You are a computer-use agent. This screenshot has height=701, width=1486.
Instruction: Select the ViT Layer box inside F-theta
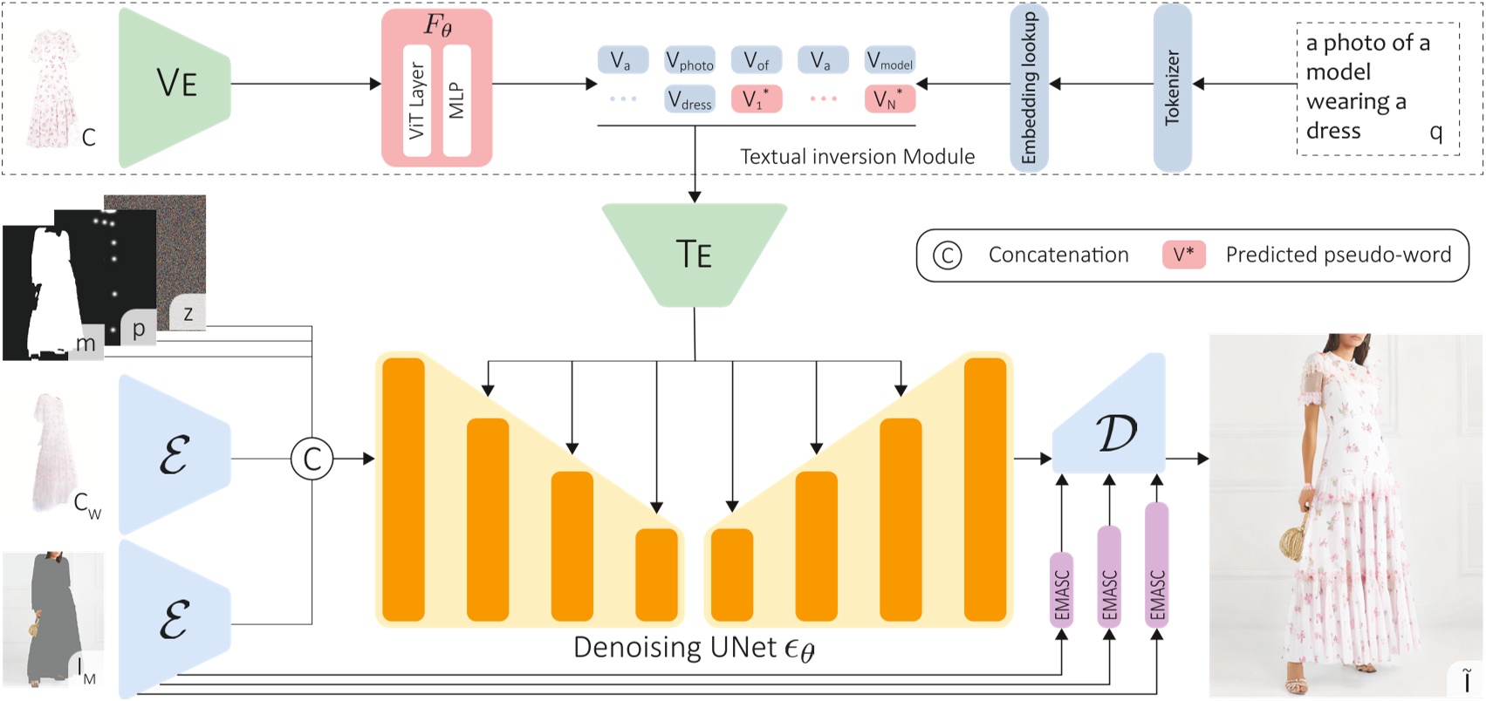click(417, 100)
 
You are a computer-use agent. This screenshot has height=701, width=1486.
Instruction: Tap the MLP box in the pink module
click(456, 100)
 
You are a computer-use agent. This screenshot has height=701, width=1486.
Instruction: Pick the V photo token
click(689, 61)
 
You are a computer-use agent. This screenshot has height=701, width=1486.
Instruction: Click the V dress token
click(689, 100)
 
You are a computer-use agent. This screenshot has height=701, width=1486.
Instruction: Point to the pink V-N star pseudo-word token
click(889, 99)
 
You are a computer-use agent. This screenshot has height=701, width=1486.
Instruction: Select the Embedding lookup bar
click(1029, 87)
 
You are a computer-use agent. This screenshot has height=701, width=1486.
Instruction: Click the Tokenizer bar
click(1172, 87)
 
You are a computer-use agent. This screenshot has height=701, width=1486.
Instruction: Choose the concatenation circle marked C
click(312, 459)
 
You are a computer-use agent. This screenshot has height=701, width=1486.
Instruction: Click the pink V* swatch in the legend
click(1183, 255)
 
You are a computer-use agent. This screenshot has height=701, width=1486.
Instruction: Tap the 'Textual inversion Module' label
click(857, 157)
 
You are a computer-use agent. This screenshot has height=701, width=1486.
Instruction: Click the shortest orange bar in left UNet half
click(656, 575)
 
